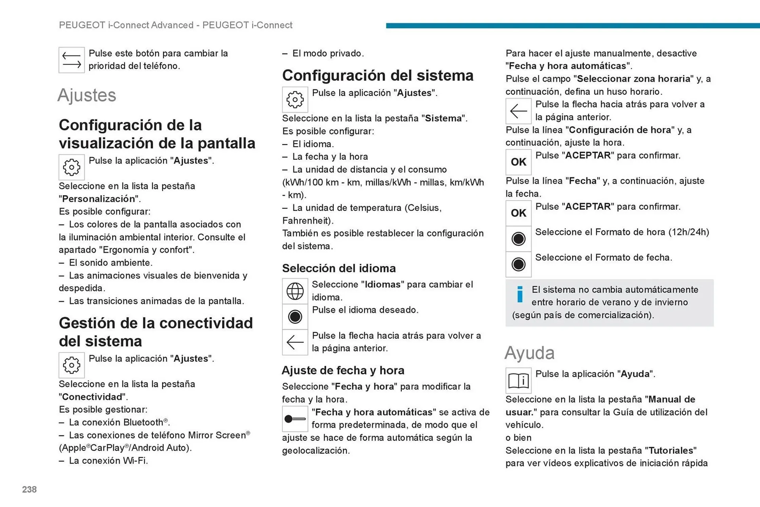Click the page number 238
(x=29, y=490)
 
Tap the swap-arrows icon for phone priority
(x=72, y=60)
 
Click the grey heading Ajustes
(x=87, y=95)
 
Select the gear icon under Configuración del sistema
(x=295, y=100)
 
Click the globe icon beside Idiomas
(x=295, y=291)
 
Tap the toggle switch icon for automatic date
(x=295, y=419)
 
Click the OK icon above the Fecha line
(x=518, y=162)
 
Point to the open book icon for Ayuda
(x=518, y=381)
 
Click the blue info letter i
(x=520, y=294)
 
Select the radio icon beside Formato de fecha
(x=518, y=264)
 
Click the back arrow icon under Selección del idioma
(x=295, y=342)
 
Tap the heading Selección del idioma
(x=339, y=268)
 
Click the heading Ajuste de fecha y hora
(x=343, y=370)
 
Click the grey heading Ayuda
(x=529, y=353)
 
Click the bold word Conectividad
(x=92, y=397)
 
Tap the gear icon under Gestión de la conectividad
(x=72, y=365)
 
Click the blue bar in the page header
(x=572, y=26)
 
